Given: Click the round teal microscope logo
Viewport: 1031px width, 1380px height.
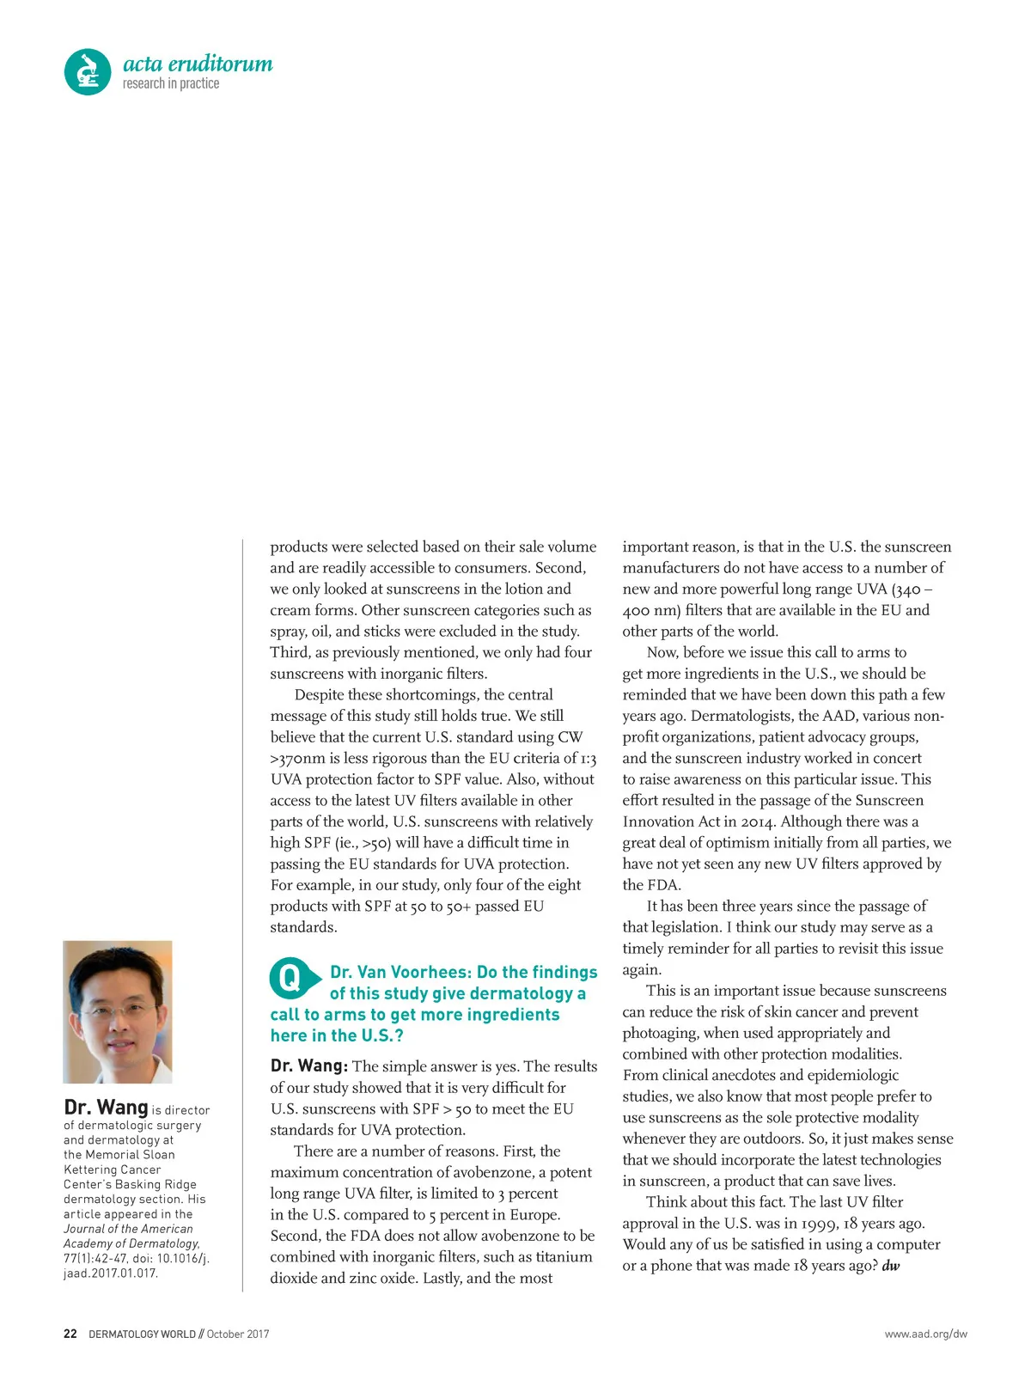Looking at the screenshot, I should (88, 71).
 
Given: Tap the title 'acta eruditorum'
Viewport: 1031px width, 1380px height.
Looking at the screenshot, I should (198, 64).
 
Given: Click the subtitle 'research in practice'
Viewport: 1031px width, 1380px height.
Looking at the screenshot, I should (171, 83).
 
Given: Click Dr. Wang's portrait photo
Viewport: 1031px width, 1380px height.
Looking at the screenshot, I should (118, 1011).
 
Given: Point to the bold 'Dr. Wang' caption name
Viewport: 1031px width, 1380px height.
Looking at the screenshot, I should (106, 1107).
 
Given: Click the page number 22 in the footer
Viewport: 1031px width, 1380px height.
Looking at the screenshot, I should (70, 1334).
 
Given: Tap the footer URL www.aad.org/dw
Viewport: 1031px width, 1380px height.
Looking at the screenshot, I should (925, 1334).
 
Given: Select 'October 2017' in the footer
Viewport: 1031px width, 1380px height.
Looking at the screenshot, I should (238, 1334).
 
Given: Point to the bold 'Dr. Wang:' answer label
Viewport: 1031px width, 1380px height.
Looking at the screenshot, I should (308, 1066).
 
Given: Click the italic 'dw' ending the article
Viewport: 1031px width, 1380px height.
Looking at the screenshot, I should (890, 1266).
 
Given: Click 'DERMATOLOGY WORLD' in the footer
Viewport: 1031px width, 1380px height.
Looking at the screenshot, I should (142, 1334).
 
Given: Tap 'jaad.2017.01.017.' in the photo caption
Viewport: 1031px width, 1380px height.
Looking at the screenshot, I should (110, 1273).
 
